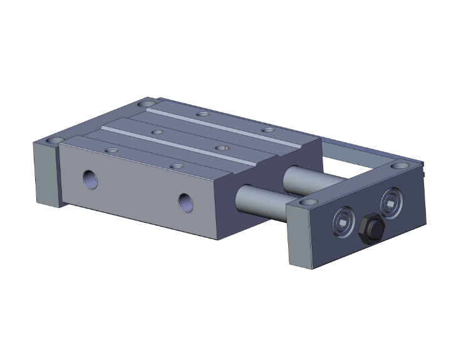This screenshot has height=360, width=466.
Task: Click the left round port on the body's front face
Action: click(x=91, y=178)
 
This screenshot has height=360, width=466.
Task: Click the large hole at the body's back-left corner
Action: click(x=147, y=103)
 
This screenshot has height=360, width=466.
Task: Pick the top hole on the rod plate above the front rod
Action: click(x=307, y=202)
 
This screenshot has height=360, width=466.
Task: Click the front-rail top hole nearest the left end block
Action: click(x=111, y=150)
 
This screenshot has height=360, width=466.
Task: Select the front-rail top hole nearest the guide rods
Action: click(x=178, y=167)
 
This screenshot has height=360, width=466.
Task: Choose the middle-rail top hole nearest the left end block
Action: click(x=157, y=132)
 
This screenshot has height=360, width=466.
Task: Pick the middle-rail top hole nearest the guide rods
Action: click(x=221, y=148)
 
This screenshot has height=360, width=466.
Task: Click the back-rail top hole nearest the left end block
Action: click(x=202, y=114)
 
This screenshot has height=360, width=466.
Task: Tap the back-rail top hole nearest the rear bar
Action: click(x=268, y=130)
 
